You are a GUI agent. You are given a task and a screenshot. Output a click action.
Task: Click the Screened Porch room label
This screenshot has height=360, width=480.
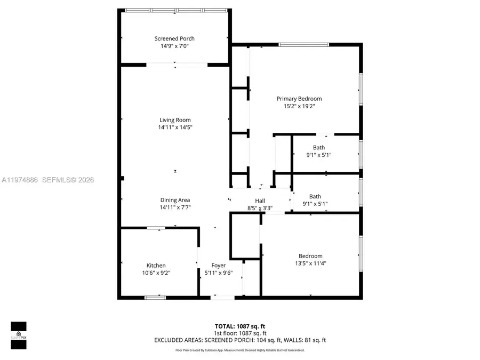174,38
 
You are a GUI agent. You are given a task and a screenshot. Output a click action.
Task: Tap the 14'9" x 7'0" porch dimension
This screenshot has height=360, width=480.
174,46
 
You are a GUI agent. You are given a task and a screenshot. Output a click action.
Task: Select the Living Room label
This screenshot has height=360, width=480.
175,120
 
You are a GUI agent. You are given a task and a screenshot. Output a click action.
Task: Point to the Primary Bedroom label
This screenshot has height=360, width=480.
299,99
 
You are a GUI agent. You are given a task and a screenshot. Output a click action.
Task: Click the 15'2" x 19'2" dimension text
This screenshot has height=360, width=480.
299,106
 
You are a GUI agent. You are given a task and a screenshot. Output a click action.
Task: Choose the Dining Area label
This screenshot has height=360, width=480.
175,200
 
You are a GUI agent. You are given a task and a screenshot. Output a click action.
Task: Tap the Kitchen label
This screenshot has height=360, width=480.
156,266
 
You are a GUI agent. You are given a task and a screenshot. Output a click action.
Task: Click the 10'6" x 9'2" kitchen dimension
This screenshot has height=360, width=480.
156,273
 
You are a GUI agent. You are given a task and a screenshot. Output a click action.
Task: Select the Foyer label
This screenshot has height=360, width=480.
218,266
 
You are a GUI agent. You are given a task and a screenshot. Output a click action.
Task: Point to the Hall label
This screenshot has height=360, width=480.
260,201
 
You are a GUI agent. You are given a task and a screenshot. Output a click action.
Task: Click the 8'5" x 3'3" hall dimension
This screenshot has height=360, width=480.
260,207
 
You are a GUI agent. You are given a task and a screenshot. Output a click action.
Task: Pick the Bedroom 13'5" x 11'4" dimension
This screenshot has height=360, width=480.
310,263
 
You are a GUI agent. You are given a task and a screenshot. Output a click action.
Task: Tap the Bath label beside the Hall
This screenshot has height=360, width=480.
315,196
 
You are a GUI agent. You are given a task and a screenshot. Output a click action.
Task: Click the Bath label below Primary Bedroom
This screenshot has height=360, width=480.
318,148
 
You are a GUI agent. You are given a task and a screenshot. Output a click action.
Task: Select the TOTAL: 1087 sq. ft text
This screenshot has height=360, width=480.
239,325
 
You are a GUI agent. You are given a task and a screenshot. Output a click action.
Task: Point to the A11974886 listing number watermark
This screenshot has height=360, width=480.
19,180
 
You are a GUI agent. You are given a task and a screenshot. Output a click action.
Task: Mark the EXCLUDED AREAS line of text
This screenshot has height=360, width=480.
239,340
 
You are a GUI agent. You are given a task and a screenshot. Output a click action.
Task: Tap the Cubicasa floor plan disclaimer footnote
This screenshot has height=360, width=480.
239,350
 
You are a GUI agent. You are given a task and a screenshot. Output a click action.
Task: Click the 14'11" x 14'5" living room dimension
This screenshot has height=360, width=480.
175,127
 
